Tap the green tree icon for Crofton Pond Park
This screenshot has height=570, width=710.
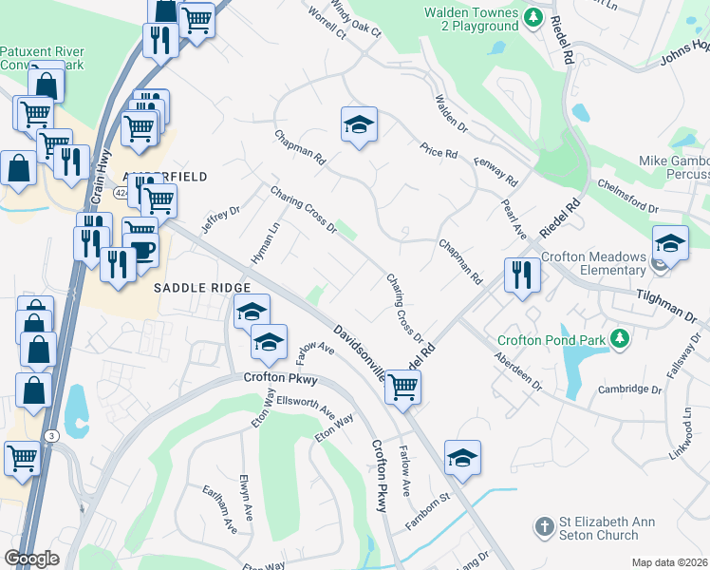pyautogui.click(x=620, y=338)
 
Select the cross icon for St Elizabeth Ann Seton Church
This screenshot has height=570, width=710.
pyautogui.click(x=544, y=525)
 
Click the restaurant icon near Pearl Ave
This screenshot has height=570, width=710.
pyautogui.click(x=522, y=274)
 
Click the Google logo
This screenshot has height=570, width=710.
pyautogui.click(x=31, y=558)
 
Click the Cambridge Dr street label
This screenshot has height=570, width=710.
pyautogui.click(x=629, y=389)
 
